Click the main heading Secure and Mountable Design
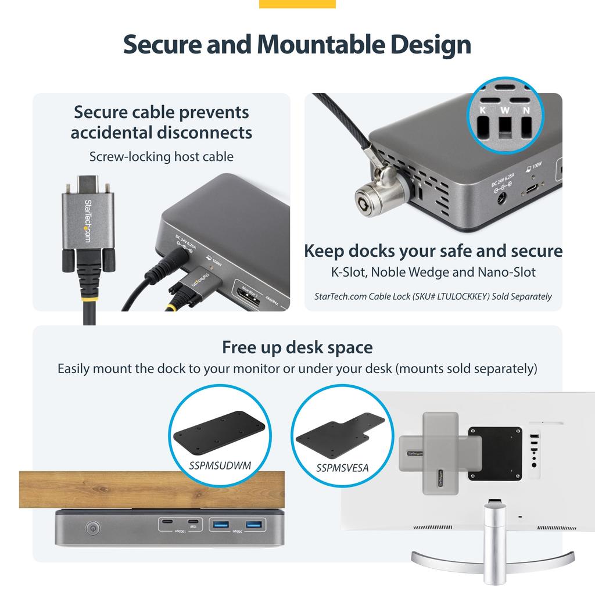point(297,45)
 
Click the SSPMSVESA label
point(342,468)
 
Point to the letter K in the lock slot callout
point(482,110)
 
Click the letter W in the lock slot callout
point(504,110)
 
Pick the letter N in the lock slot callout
point(526,110)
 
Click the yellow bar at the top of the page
point(297,4)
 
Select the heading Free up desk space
point(297,347)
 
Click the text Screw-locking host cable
point(162,156)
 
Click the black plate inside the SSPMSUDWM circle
point(220,432)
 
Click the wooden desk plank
point(151,489)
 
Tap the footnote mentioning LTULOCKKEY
point(433,296)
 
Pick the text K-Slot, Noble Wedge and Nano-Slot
point(433,272)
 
